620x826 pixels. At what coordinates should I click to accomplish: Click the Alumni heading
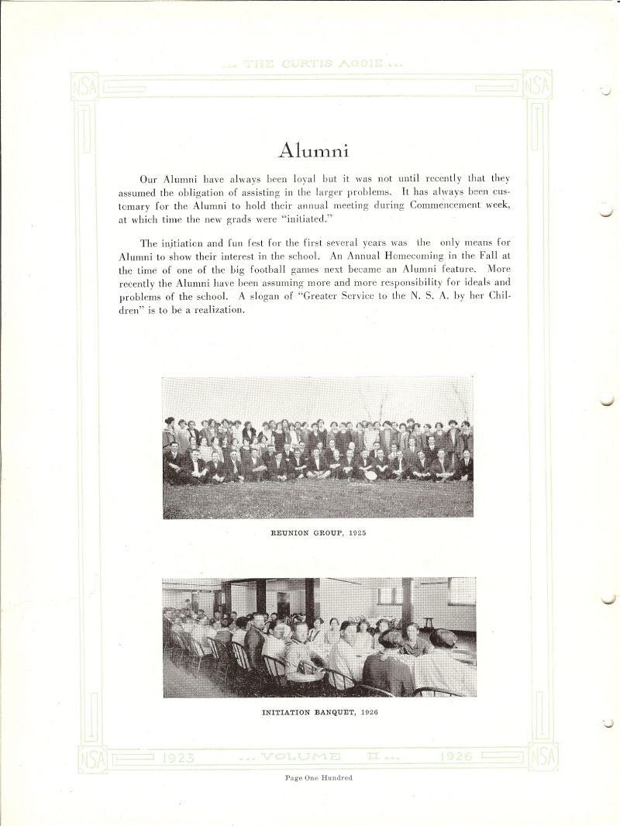(313, 150)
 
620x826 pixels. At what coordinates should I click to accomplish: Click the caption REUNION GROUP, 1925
(318, 533)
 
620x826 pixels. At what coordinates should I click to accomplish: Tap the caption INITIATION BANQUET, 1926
(319, 712)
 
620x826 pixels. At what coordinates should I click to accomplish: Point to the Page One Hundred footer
(319, 778)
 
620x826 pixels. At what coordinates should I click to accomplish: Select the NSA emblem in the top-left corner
(84, 86)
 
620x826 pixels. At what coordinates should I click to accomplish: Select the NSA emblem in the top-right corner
(536, 85)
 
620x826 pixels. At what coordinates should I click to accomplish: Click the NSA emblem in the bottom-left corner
(91, 758)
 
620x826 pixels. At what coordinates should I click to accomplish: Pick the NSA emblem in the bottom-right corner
(542, 757)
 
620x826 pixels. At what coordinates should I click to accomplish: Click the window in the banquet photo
(462, 591)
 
